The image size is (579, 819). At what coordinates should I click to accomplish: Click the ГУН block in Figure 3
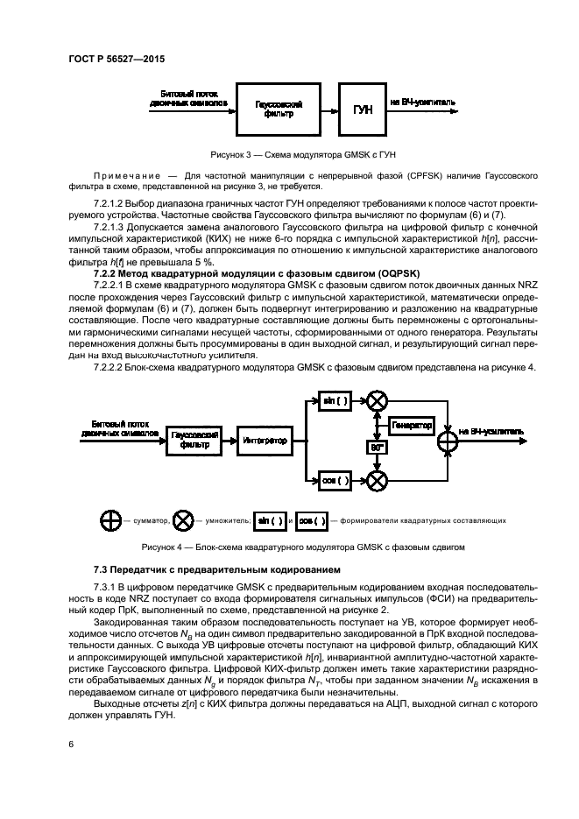tap(363, 109)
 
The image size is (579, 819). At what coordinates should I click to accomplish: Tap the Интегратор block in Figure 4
tap(265, 441)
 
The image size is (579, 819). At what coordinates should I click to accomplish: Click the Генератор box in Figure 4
tap(412, 425)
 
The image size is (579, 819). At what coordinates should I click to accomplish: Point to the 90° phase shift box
tap(378, 448)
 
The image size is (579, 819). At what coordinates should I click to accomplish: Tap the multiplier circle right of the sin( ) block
tap(378, 401)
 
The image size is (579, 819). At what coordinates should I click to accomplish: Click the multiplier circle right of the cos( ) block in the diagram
tap(378, 480)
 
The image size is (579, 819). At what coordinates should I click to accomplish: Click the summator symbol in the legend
tap(110, 520)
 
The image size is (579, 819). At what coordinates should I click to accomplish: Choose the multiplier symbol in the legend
tap(183, 520)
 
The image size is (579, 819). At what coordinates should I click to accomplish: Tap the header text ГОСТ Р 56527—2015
tap(116, 59)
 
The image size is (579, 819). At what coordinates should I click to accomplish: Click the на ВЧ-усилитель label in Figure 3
tap(423, 102)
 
